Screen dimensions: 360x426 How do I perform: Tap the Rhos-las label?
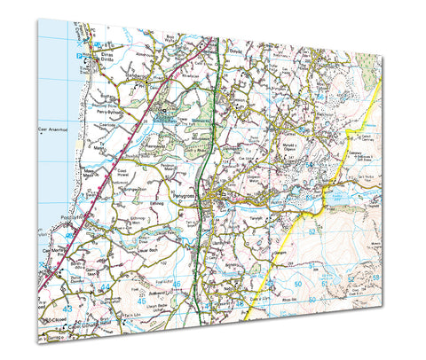[x=314, y=298]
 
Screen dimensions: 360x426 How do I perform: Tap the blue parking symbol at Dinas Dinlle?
[x=79, y=57]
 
